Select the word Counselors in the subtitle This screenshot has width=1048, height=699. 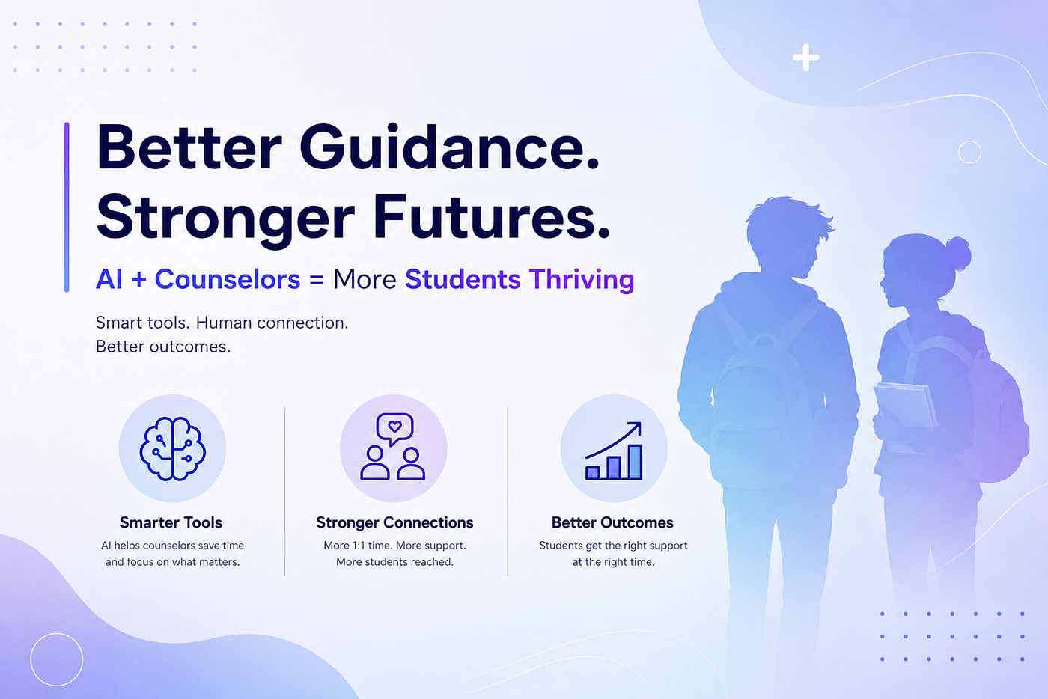(x=228, y=279)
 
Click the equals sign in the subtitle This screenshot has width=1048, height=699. (x=316, y=280)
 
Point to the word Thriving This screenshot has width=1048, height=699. (x=582, y=280)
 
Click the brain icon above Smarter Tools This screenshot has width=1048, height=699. (x=172, y=449)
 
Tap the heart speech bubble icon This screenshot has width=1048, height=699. (x=395, y=429)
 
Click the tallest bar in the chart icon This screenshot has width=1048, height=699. (x=635, y=462)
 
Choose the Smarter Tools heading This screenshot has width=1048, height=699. (x=171, y=522)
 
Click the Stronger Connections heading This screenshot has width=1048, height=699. (x=395, y=522)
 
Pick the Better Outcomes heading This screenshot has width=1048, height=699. (x=612, y=522)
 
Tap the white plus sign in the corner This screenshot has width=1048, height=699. (x=805, y=58)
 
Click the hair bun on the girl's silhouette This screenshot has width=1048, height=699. (x=958, y=253)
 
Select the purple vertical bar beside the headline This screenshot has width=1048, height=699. (x=67, y=207)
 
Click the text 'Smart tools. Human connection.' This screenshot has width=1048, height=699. (x=222, y=323)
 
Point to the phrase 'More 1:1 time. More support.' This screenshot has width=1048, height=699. (x=395, y=546)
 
